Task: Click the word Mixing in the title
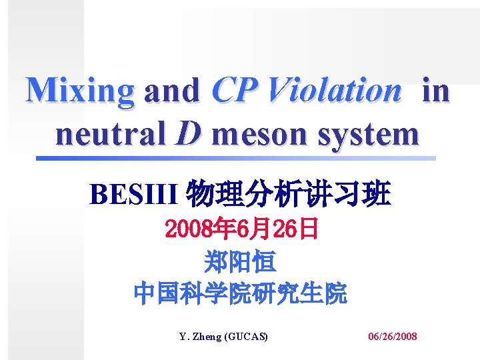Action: click(80, 91)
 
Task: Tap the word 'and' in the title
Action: click(172, 91)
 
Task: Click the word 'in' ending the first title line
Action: click(436, 91)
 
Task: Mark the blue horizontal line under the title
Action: click(235, 159)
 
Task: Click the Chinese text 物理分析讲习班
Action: click(288, 195)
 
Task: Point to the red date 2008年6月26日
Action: click(241, 230)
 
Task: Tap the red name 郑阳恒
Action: click(240, 262)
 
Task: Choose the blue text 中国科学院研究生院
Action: click(240, 293)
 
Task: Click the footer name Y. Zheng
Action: click(203, 337)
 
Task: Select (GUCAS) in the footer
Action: click(247, 337)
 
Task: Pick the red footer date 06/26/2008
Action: click(393, 337)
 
